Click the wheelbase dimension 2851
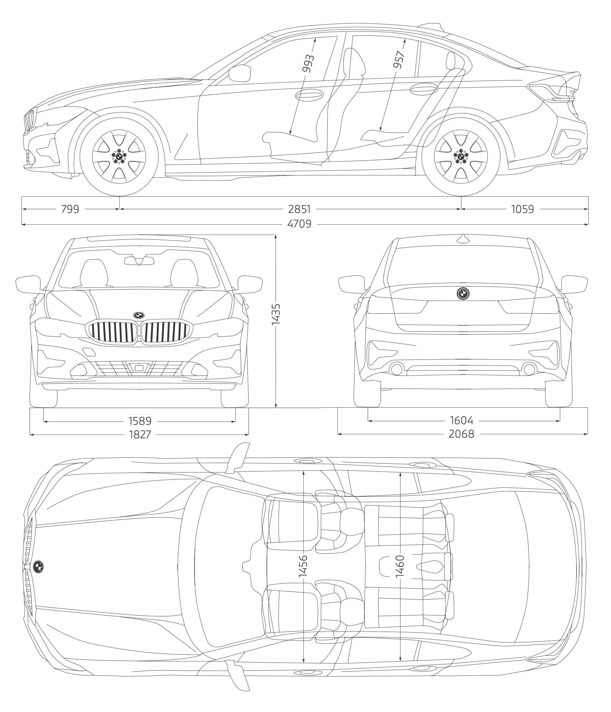[299, 209]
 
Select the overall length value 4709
[299, 224]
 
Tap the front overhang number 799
[70, 209]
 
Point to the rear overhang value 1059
[522, 209]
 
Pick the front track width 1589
[140, 420]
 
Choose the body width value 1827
[140, 434]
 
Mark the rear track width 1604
[461, 420]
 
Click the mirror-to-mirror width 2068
[461, 434]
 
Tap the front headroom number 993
[308, 63]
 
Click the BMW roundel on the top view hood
[38, 566]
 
